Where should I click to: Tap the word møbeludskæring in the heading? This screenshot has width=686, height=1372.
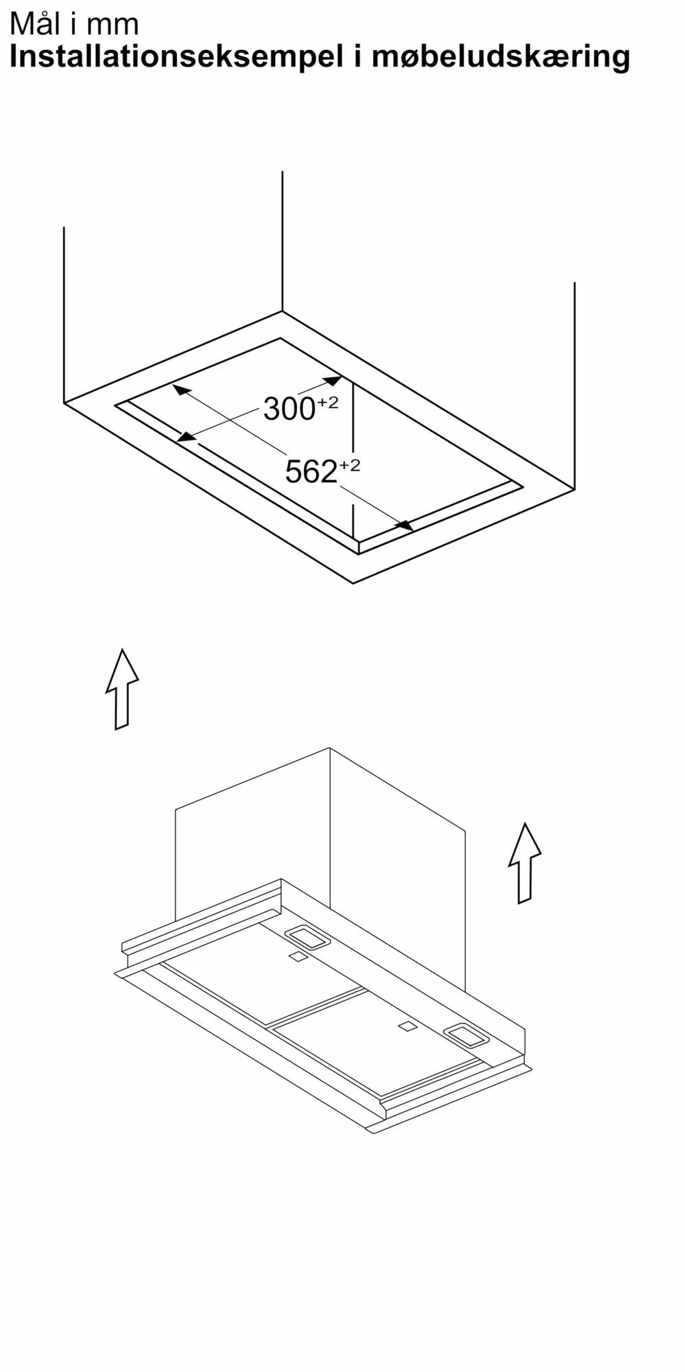(x=501, y=56)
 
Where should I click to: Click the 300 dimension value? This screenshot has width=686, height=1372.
(x=289, y=410)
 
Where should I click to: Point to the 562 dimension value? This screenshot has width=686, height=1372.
(x=311, y=472)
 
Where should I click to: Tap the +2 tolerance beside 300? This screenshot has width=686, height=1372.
(x=327, y=403)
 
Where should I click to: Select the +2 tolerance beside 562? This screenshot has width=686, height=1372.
(x=349, y=466)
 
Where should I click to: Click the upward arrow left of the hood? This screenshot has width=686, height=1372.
(x=122, y=689)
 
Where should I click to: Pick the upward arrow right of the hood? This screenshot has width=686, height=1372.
(x=525, y=863)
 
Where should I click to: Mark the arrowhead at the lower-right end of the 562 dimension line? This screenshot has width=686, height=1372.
(x=403, y=525)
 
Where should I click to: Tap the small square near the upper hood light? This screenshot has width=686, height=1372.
(x=298, y=956)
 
